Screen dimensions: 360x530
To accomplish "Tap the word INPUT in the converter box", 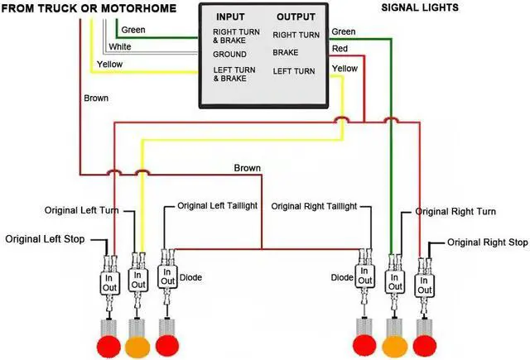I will [x=230, y=17].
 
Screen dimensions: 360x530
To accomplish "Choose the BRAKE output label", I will [x=287, y=52].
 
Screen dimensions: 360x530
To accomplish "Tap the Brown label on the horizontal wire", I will [x=247, y=168].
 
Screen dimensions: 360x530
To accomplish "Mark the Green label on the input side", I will [x=134, y=31].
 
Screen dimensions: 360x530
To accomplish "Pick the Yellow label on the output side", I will [x=344, y=68].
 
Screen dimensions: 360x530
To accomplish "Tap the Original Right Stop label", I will [x=487, y=242].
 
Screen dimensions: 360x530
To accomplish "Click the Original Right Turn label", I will [x=455, y=212].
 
